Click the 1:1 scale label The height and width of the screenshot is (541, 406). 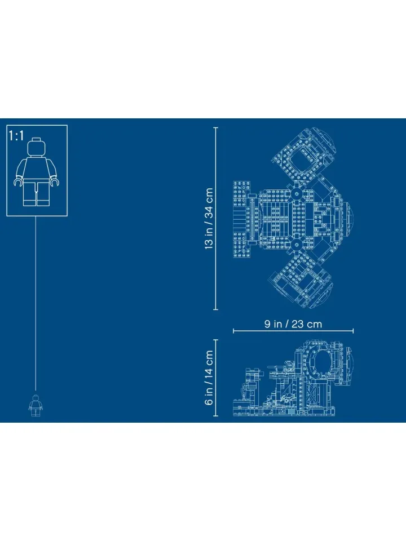(x=16, y=136)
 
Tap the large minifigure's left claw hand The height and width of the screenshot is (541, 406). (x=18, y=182)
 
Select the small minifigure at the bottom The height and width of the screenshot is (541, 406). (x=36, y=405)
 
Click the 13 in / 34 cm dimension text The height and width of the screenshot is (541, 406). (x=209, y=219)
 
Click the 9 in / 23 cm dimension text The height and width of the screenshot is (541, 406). (x=293, y=324)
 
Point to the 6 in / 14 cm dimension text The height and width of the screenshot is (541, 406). (x=209, y=378)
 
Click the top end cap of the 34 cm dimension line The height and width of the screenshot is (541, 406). (x=216, y=128)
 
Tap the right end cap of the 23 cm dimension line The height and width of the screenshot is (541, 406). (x=353, y=331)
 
